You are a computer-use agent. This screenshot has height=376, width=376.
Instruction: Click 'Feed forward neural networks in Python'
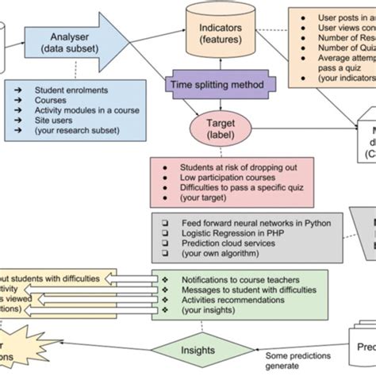(x=255, y=224)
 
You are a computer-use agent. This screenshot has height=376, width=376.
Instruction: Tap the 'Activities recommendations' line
(x=231, y=301)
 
